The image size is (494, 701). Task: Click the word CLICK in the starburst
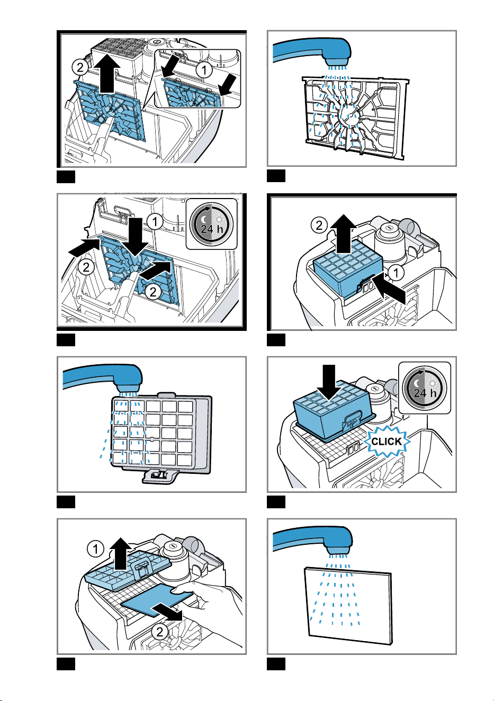coord(386,441)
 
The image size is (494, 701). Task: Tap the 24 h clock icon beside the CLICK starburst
coord(425,388)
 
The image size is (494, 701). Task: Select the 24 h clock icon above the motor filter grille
coord(211,224)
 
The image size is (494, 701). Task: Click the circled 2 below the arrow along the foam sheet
coord(160,632)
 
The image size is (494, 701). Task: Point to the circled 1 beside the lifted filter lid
coord(95,549)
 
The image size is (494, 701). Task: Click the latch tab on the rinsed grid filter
coord(160,477)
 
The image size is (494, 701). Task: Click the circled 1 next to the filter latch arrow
coord(396,272)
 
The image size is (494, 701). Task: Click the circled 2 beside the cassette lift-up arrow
coord(319,225)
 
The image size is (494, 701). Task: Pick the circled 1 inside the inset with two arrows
coord(204,69)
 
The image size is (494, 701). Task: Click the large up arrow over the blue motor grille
coord(107,73)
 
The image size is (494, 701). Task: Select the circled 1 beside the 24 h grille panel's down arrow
coord(155,222)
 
